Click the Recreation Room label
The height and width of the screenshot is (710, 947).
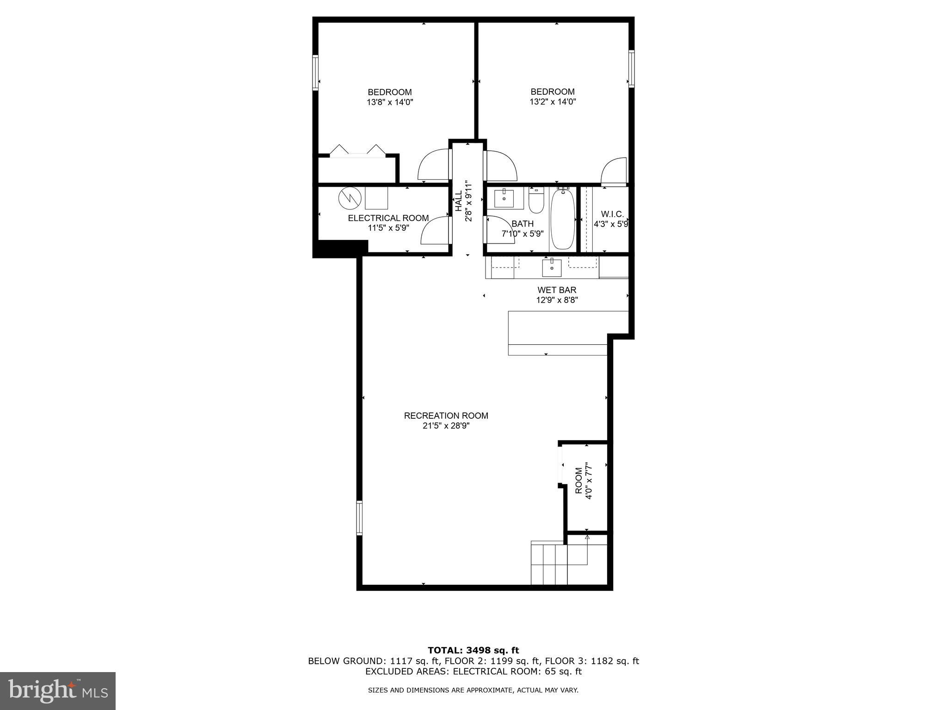[446, 416]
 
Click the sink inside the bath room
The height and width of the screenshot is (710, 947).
[504, 199]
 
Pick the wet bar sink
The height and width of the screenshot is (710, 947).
[552, 267]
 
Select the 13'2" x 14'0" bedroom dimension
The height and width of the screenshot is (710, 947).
[553, 102]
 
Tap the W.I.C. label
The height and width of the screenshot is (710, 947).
[612, 214]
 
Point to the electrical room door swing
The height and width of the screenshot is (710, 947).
[435, 231]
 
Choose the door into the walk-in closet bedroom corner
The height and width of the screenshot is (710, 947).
[613, 171]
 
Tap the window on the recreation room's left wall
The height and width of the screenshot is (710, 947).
[359, 518]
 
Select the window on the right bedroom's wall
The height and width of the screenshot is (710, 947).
[631, 68]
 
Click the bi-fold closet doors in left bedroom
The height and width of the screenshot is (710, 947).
[357, 151]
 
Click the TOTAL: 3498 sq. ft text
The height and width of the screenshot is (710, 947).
[473, 651]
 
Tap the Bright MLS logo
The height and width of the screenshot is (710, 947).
[58, 691]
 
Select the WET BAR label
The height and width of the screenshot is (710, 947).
[557, 290]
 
